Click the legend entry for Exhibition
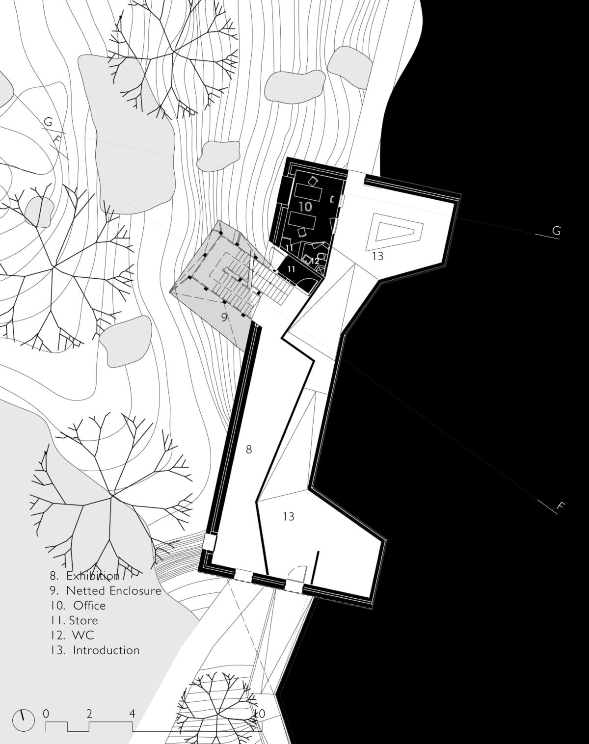(84, 576)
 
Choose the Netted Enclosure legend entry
(105, 590)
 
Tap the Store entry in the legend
(74, 620)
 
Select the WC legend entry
(72, 635)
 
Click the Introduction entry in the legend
(94, 650)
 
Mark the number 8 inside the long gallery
(249, 449)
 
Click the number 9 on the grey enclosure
(224, 317)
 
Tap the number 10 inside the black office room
(305, 207)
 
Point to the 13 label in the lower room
(288, 516)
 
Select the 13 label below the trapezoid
(377, 256)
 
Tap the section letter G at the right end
(556, 230)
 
